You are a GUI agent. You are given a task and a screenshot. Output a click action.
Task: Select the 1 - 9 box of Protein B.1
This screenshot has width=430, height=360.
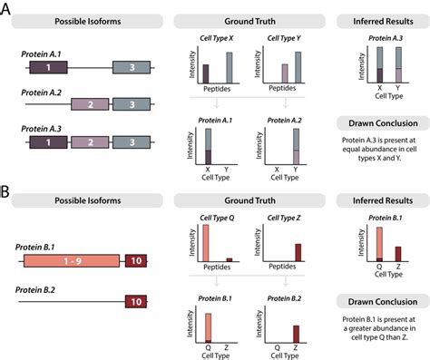point(70,261)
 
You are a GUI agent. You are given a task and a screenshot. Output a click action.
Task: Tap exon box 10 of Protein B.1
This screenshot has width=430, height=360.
point(135,261)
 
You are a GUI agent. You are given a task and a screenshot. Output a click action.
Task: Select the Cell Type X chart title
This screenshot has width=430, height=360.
point(218,39)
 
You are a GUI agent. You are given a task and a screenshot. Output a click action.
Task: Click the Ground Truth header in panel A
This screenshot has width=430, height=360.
point(249,20)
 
